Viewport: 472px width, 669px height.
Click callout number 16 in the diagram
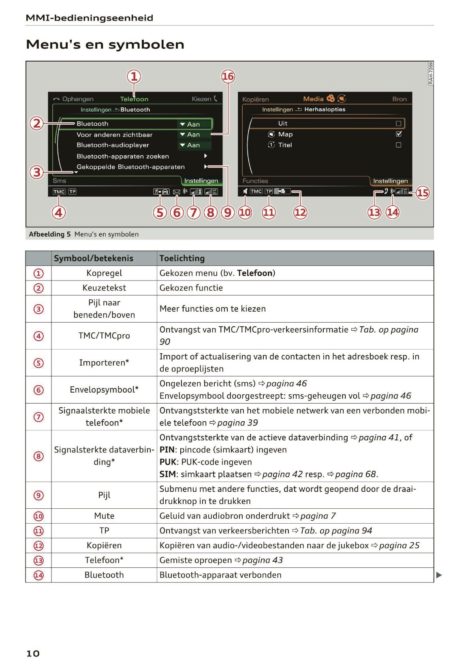pyautogui.click(x=228, y=76)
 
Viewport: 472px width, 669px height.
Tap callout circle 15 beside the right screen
pyautogui.click(x=422, y=193)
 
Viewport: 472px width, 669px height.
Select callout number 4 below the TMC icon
pyautogui.click(x=59, y=212)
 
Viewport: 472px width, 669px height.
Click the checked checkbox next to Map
pyautogui.click(x=398, y=134)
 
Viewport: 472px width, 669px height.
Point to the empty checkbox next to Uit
pyautogui.click(x=398, y=123)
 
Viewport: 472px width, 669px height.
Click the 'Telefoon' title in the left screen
pyautogui.click(x=134, y=99)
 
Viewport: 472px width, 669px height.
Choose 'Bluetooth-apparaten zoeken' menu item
pyautogui.click(x=123, y=156)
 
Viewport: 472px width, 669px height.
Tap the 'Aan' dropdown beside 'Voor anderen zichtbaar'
pyautogui.click(x=194, y=134)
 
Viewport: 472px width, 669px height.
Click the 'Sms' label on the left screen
pyautogui.click(x=59, y=181)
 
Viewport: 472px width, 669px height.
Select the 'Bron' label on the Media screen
pyautogui.click(x=399, y=99)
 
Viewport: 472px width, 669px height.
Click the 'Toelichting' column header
pyautogui.click(x=182, y=258)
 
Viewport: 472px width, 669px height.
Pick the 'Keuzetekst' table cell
pyautogui.click(x=104, y=288)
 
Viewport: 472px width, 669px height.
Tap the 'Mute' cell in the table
pyautogui.click(x=104, y=516)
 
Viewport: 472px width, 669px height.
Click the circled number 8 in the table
pyautogui.click(x=38, y=456)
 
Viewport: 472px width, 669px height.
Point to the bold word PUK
pyautogui.click(x=167, y=462)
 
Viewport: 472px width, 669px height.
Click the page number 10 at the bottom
pyautogui.click(x=33, y=653)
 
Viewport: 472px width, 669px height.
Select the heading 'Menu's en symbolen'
pyautogui.click(x=105, y=45)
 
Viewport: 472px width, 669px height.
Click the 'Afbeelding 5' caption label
pyautogui.click(x=49, y=234)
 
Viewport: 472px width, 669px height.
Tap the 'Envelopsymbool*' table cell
pyautogui.click(x=104, y=389)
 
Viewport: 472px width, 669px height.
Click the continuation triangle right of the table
pyautogui.click(x=439, y=575)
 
